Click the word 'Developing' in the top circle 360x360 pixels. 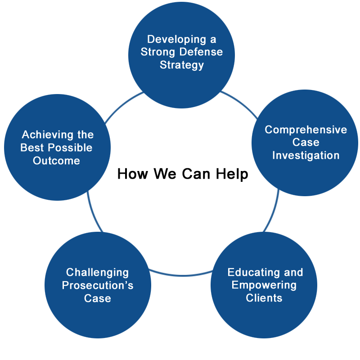coord(176,40)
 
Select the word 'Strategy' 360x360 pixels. coord(182,65)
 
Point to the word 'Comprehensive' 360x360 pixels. coord(306,130)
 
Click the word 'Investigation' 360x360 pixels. coord(306,155)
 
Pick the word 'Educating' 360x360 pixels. coord(253,273)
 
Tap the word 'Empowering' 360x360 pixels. coord(264,285)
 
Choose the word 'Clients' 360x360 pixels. coord(264,298)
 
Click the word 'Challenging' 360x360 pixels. coord(97,273)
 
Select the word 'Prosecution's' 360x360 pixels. coord(98,285)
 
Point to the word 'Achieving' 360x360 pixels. coord(48,135)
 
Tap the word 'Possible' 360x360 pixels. coord(70,148)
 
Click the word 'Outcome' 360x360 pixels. coord(57,161)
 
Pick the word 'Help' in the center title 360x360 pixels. coord(232,174)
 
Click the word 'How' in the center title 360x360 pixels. coord(133,174)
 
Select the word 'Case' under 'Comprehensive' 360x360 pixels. coord(306,142)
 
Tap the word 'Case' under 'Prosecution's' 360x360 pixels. coord(98,298)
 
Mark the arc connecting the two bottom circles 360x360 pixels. coord(181,275)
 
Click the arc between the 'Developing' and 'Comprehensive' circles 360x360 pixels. coord(241,103)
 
